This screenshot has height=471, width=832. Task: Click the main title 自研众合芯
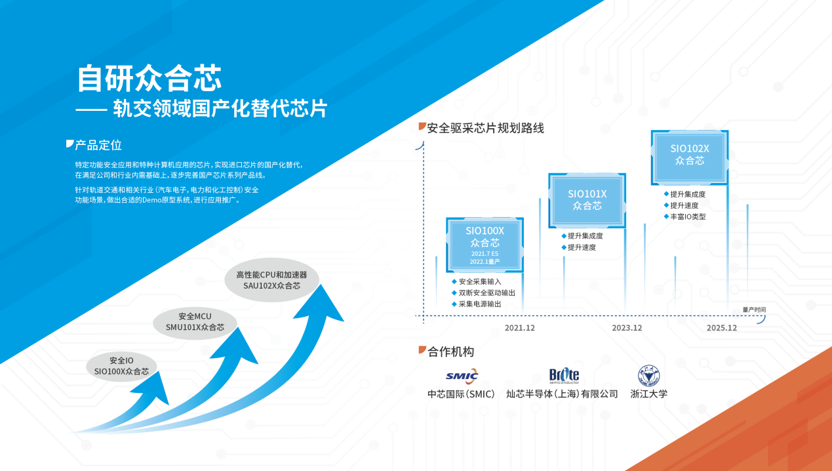[149, 78]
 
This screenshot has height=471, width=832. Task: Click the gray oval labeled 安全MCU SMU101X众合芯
[195, 321]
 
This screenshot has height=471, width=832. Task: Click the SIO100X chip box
[485, 245]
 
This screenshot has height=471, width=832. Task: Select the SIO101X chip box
[587, 200]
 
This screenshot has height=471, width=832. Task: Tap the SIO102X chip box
[689, 156]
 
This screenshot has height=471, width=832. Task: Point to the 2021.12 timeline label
[519, 328]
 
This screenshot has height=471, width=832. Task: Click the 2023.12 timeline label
[627, 328]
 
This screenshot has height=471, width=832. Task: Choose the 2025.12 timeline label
[722, 328]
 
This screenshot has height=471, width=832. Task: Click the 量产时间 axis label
[753, 310]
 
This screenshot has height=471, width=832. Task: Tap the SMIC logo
[462, 375]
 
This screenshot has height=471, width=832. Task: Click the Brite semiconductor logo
[564, 375]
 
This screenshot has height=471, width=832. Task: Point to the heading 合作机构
[450, 352]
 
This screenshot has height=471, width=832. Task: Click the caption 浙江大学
[648, 394]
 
